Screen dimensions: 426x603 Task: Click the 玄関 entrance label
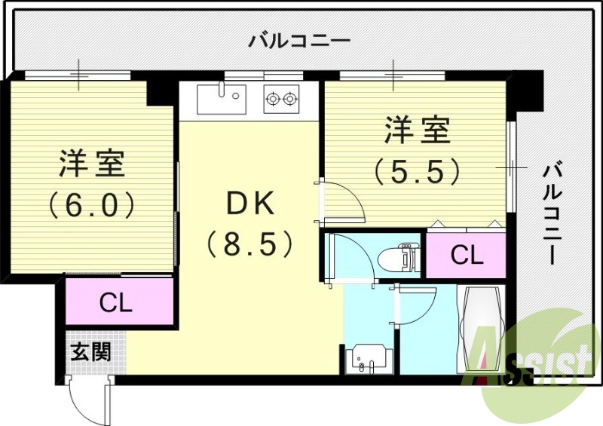pos(91,352)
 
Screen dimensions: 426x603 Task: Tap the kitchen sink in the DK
pos(222,98)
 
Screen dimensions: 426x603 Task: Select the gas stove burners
pos(280,98)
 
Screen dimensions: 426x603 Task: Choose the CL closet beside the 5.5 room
pos(467,256)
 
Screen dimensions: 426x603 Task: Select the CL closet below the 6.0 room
pos(117,303)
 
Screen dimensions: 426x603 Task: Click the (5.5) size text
pos(417,172)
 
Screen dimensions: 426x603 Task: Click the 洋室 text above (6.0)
pos(92,164)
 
